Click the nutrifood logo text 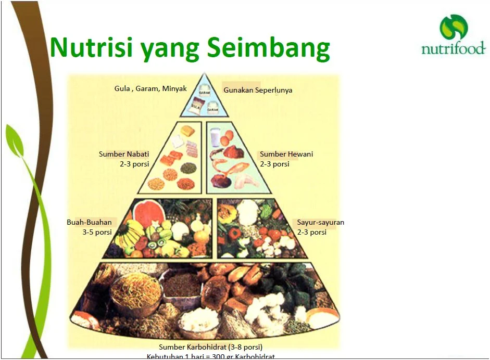point(453,49)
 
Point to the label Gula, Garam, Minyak point(150,88)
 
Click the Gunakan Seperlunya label point(258,90)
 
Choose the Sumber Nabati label point(124,154)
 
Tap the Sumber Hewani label point(286,154)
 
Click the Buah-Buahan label point(89,222)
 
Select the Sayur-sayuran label point(320,222)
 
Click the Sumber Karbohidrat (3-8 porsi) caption point(210,347)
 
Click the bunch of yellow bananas point(128,234)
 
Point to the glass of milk point(215,138)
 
